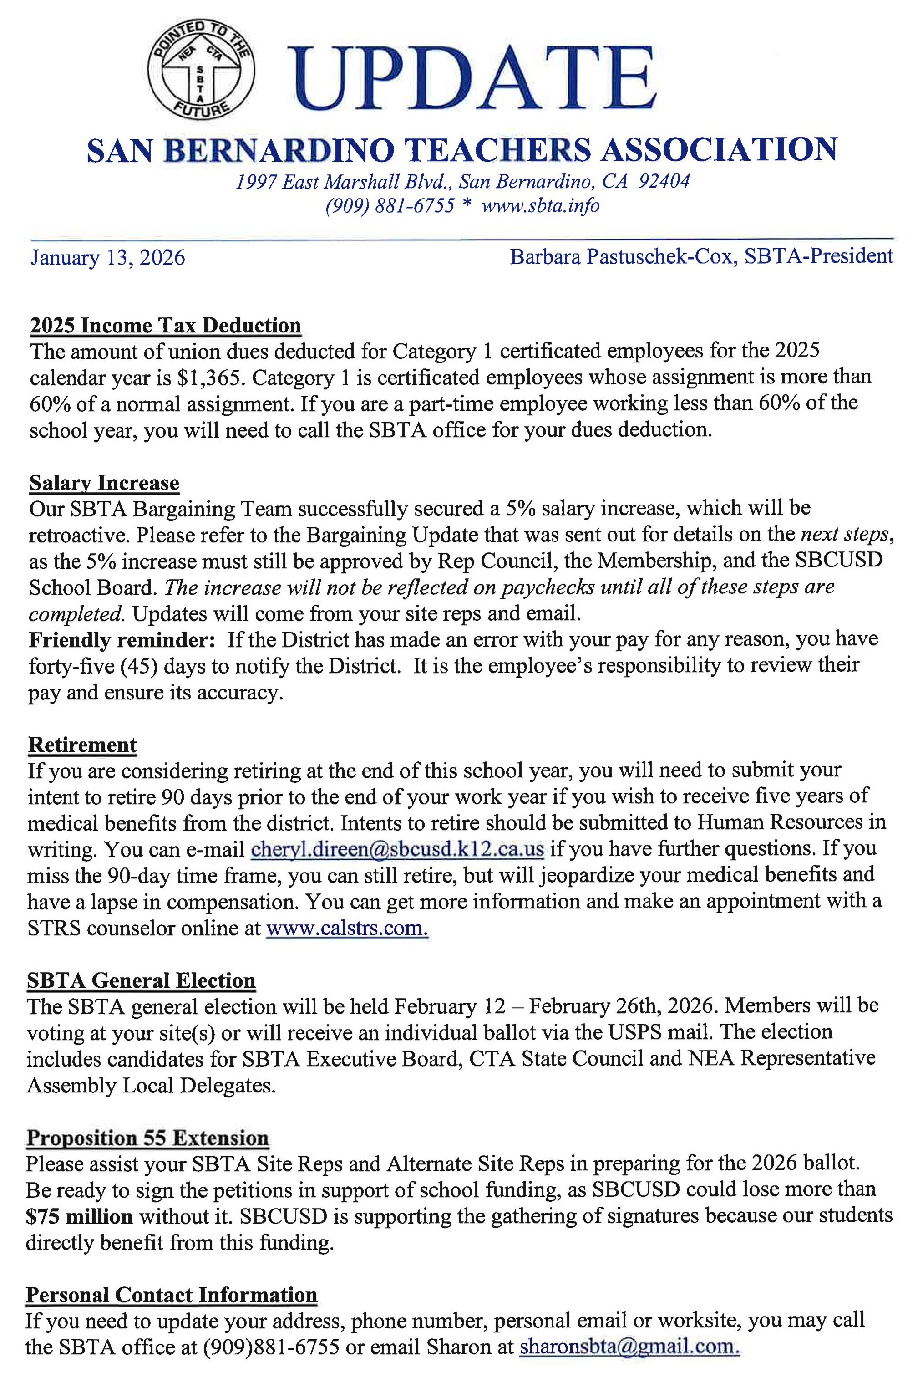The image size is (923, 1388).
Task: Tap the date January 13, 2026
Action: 108,258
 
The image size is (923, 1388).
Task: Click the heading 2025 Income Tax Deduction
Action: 165,325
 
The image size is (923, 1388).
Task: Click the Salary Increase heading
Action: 104,483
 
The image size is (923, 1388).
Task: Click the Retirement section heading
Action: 82,745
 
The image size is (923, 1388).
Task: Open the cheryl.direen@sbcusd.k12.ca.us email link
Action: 397,849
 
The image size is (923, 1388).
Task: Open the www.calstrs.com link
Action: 347,928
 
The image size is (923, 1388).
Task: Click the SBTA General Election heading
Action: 141,981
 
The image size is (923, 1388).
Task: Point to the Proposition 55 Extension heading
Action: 147,1138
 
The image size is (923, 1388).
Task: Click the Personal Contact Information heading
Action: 171,1296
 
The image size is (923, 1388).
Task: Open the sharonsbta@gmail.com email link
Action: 629,1347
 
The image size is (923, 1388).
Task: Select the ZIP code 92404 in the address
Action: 664,181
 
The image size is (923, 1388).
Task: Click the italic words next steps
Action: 844,534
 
